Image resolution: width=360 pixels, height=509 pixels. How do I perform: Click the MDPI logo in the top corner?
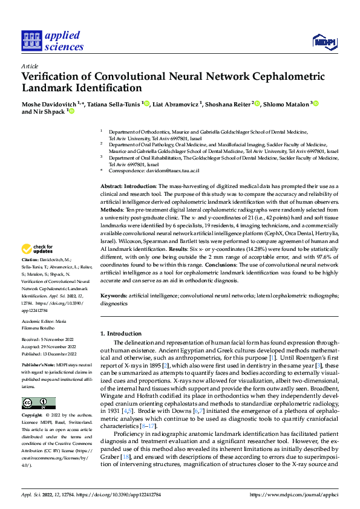click(x=326, y=42)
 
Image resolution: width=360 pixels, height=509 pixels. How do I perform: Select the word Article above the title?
click(x=30, y=66)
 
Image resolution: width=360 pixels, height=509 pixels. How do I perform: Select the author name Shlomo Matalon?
click(x=287, y=105)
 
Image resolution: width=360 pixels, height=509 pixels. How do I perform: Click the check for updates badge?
click(x=38, y=267)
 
